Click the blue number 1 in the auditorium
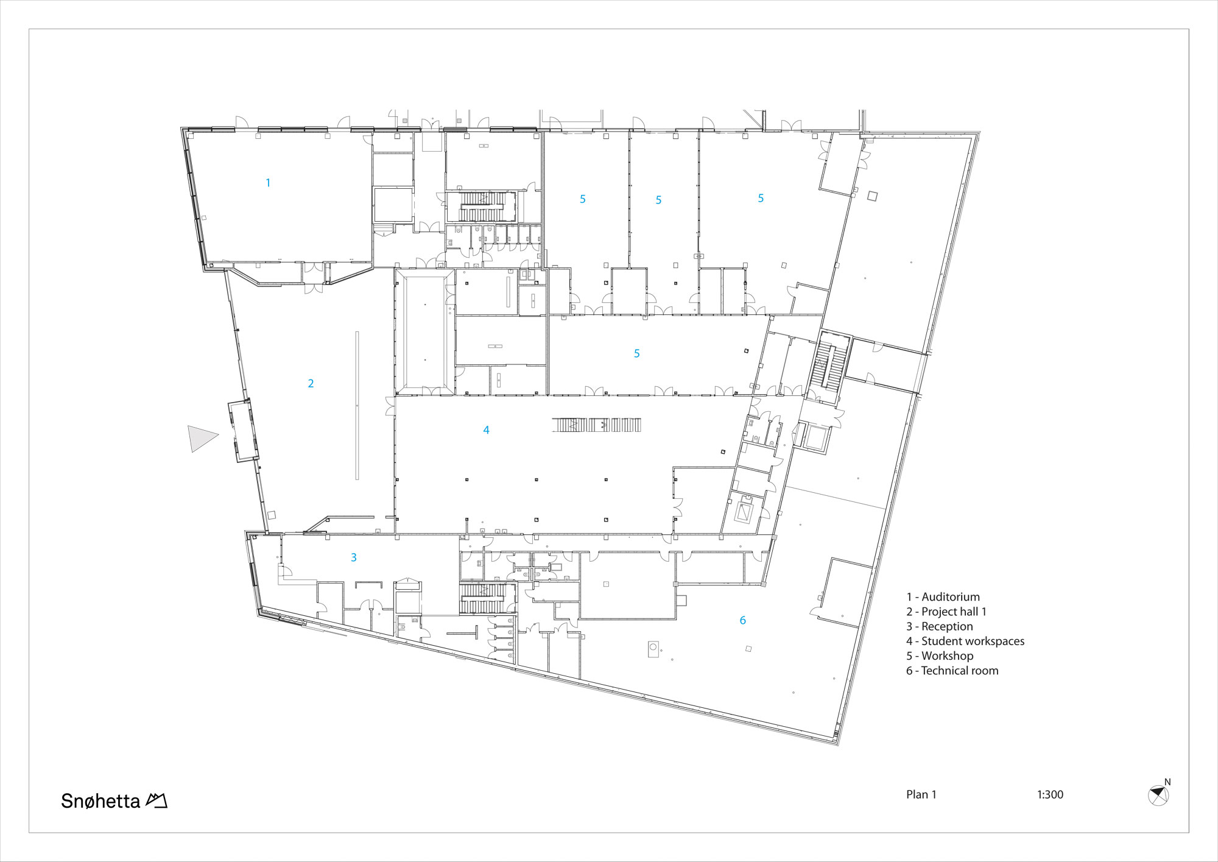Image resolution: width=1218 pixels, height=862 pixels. (268, 183)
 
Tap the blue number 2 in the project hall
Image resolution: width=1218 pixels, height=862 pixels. (311, 383)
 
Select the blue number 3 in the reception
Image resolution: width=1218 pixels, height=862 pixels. (354, 557)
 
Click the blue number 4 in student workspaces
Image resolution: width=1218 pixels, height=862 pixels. (486, 430)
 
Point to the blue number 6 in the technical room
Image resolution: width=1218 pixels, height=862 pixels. (742, 620)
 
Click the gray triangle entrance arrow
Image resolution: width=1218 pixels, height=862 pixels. (201, 438)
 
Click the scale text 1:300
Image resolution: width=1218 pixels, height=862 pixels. (1050, 794)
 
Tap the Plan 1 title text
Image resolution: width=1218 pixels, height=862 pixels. (921, 794)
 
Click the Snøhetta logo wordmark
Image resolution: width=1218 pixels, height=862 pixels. (100, 800)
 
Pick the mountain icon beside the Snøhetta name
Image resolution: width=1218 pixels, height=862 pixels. (157, 800)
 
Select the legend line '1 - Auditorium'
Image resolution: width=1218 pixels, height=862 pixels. (943, 597)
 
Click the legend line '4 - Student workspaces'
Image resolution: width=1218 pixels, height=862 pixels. (965, 641)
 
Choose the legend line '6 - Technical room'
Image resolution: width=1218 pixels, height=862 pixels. (952, 671)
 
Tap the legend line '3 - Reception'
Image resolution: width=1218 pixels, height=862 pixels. (939, 626)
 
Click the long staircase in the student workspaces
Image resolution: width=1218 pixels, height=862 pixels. (597, 425)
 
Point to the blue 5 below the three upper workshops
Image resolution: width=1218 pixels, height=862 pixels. (637, 353)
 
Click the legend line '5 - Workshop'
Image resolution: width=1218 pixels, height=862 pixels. (939, 656)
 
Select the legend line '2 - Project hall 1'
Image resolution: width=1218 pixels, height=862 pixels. (946, 612)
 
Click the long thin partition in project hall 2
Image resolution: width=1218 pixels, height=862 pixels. (357, 406)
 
